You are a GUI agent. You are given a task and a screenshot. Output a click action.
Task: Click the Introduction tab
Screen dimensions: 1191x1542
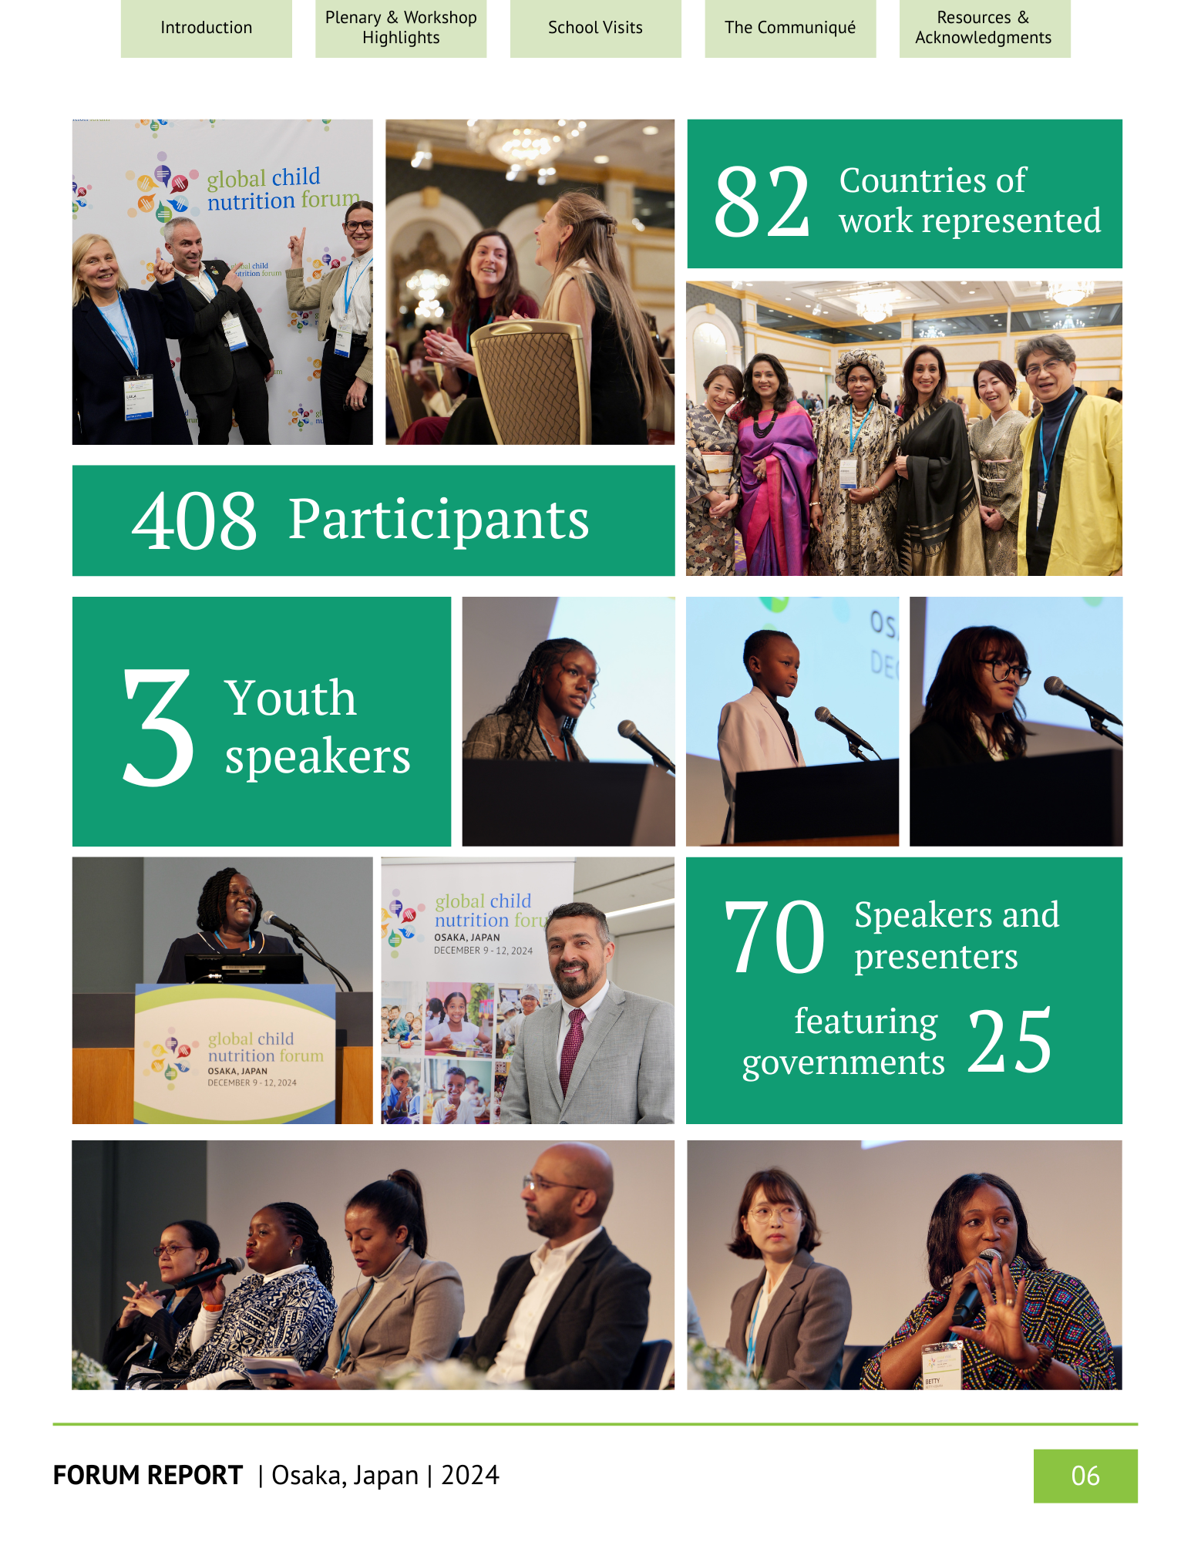206,29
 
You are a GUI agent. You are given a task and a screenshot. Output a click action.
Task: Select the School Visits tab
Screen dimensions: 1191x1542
595,29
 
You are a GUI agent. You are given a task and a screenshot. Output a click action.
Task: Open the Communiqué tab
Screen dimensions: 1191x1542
790,29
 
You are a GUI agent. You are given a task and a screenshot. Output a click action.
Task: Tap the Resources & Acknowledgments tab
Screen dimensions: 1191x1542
984,29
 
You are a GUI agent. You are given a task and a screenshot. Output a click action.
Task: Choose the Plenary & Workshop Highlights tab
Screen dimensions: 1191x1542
401,29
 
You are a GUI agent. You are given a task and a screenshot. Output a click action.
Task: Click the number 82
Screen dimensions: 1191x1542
762,202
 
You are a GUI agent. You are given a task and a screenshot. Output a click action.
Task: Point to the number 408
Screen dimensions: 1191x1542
194,522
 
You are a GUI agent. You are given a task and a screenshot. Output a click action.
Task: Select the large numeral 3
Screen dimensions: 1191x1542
158,727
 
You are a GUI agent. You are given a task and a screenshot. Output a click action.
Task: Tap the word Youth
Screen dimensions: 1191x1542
291,698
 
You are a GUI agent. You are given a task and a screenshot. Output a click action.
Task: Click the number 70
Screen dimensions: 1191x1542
774,938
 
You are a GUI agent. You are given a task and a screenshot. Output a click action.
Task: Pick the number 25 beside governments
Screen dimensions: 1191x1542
1009,1042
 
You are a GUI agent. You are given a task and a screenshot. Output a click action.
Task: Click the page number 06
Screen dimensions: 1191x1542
1085,1476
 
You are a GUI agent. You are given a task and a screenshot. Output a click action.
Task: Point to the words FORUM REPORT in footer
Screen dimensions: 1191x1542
148,1476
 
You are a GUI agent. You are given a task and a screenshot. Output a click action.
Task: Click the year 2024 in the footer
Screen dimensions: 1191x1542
470,1476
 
